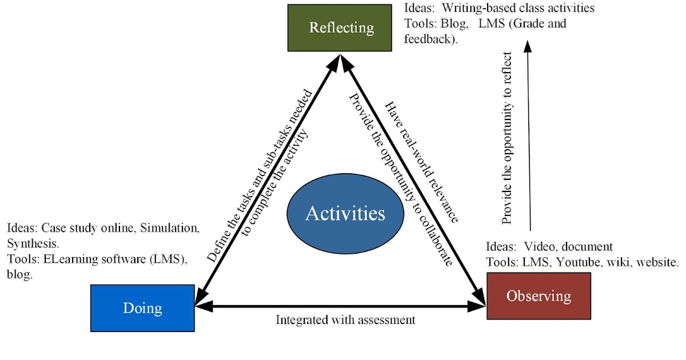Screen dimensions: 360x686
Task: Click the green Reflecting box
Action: pos(341,27)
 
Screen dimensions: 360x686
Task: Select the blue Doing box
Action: pos(142,308)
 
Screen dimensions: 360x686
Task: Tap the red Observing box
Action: pos(538,296)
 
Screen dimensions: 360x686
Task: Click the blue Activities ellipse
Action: pos(345,214)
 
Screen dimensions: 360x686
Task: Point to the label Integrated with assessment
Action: pos(345,320)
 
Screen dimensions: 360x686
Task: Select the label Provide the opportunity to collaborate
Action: pos(400,177)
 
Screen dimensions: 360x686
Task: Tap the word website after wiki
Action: pos(657,262)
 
